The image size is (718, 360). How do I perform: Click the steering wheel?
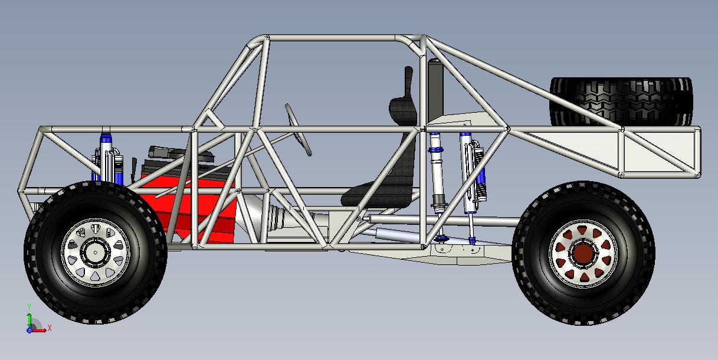click(298, 129)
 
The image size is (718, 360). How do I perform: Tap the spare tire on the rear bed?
click(621, 102)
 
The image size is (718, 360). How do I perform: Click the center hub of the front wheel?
click(95, 252)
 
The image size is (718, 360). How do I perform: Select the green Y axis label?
click(29, 307)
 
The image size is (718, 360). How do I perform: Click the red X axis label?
click(50, 328)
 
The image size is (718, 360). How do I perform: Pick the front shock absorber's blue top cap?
click(106, 139)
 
